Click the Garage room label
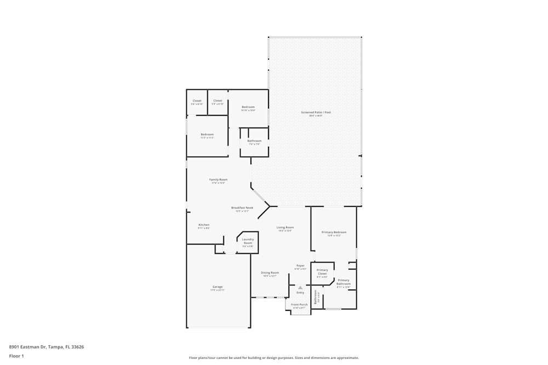[218, 287]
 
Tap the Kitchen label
[204, 225]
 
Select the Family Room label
[218, 179]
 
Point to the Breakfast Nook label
[242, 208]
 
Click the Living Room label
[285, 228]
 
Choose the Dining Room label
[270, 273]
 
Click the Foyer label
[300, 266]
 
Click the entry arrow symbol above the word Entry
[300, 287]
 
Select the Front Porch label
[299, 304]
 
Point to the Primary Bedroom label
[334, 233]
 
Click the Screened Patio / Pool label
[316, 113]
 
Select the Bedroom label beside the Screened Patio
[248, 107]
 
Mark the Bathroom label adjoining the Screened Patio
[254, 141]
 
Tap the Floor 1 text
[16, 356]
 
